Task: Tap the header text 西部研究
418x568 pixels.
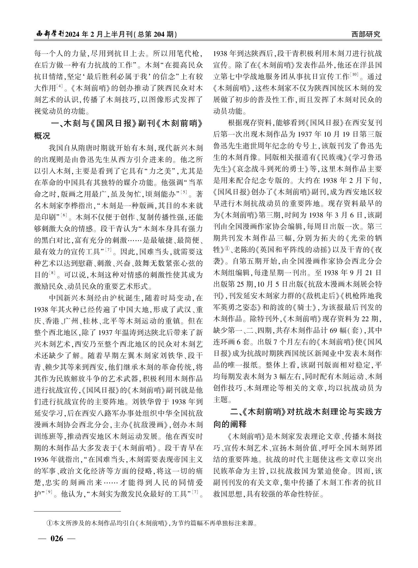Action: point(366,34)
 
